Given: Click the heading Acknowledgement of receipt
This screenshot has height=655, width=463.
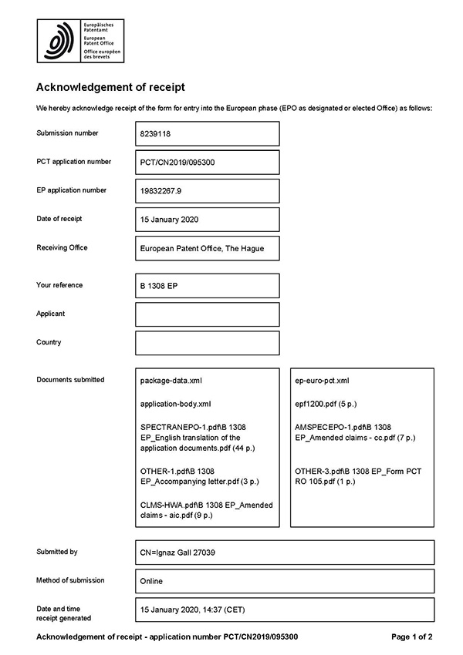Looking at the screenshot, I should pos(111,88).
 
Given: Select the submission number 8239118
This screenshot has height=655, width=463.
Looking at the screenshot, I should pos(157,133).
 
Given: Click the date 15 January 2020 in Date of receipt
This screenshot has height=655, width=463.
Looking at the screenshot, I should pos(170,220).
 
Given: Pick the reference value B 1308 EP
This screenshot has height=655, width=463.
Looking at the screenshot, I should pos(160,286).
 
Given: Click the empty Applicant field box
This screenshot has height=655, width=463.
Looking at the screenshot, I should pos(207,314).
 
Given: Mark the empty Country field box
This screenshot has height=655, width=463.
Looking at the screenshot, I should pos(207,343).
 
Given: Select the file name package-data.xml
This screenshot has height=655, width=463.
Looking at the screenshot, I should pos(171,381).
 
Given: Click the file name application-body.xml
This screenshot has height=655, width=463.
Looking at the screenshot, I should pos(175,404).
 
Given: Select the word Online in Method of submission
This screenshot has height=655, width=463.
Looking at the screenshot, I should pos(151,581).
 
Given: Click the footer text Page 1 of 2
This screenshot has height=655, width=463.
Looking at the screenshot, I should pos(411,637).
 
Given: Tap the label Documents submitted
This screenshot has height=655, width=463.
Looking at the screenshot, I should pos(70,380).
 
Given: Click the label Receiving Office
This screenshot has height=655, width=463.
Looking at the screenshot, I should pos(62,247).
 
